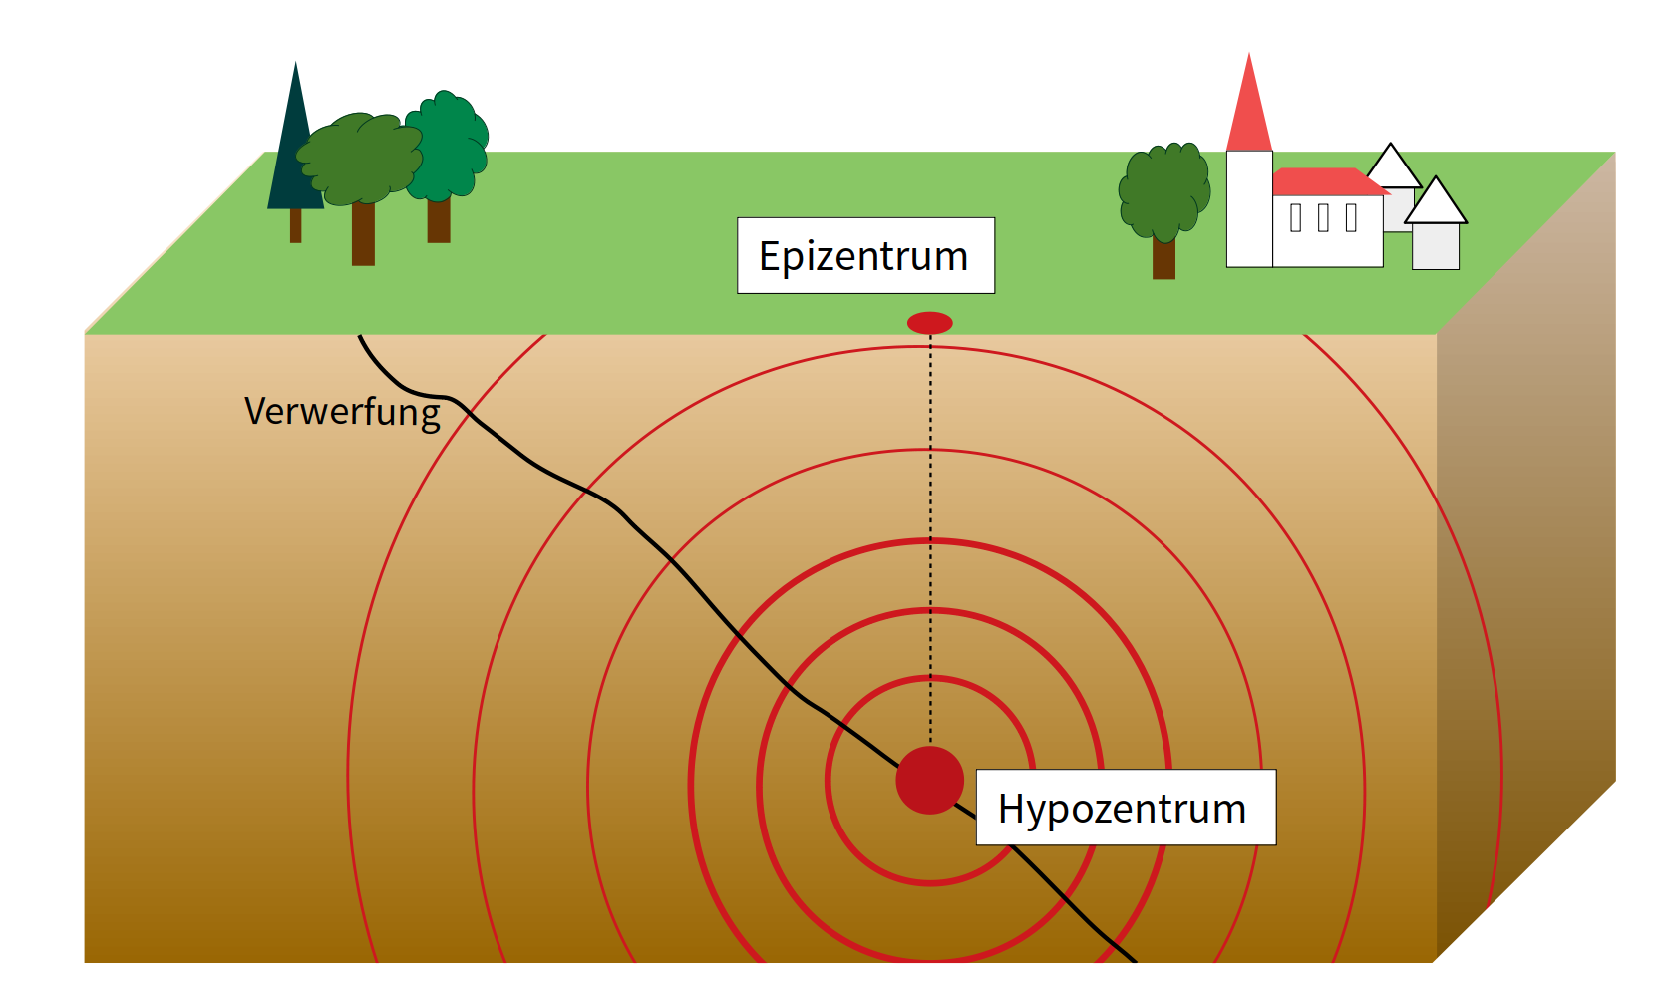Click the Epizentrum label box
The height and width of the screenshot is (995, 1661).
(865, 255)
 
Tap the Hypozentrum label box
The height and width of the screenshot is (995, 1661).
(1125, 808)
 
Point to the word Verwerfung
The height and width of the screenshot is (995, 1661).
(342, 411)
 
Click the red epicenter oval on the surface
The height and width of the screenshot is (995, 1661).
(929, 323)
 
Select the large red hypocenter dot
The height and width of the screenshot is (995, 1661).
(929, 780)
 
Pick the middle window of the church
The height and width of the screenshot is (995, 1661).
(1323, 217)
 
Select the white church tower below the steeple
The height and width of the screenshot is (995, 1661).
(1248, 209)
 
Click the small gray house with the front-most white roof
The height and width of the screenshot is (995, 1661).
(1436, 244)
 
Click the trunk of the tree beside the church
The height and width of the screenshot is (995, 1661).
(1163, 258)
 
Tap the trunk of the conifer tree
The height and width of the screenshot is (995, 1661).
(295, 225)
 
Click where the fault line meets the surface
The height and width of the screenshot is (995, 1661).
(360, 336)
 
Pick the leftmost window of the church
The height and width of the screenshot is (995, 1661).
(1295, 217)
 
